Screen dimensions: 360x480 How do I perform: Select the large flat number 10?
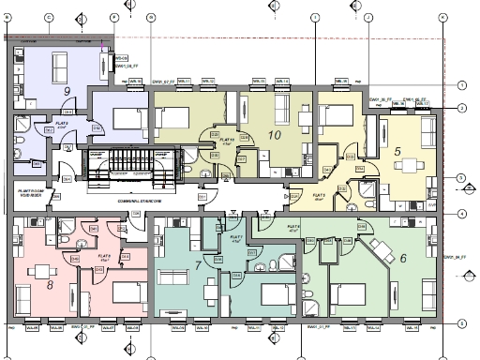[275, 135]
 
